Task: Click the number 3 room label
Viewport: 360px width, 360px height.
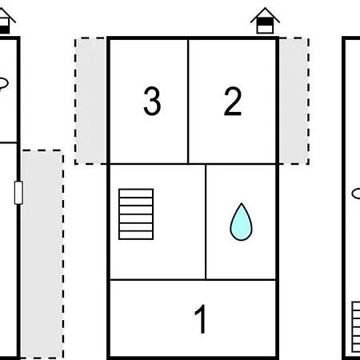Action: point(152,101)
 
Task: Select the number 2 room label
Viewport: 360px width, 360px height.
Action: point(233,101)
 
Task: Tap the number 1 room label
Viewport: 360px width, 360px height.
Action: point(201,319)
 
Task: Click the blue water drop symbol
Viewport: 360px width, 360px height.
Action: point(241,222)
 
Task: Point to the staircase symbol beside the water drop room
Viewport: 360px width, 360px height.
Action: point(136,214)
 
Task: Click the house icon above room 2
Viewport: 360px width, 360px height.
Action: point(265,21)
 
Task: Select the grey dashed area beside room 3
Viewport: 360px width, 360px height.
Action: point(90,101)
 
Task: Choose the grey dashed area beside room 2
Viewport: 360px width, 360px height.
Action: point(294,101)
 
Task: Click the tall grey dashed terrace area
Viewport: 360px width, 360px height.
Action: point(42,254)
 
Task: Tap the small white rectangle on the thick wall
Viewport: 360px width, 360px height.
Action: point(18,193)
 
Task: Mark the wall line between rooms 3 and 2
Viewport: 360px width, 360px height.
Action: point(188,101)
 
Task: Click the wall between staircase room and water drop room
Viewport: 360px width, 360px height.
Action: point(206,222)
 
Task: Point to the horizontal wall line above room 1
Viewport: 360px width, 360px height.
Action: point(193,280)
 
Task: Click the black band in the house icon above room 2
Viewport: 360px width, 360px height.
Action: point(265,22)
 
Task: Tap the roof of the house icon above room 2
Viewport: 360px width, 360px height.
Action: point(265,14)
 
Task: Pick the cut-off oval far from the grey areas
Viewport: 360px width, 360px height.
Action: point(356,194)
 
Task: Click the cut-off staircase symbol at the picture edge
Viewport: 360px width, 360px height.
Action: point(356,327)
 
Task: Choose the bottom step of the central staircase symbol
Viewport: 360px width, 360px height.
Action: point(136,235)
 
